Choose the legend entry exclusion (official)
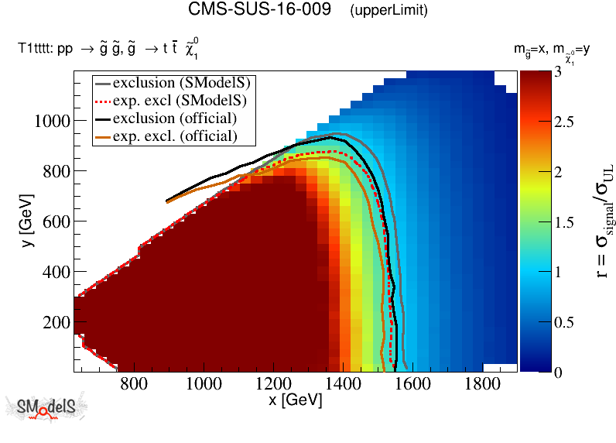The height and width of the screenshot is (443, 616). point(174,118)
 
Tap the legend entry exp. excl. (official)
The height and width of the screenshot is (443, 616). point(174,136)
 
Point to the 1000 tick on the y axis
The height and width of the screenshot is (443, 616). point(53,121)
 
